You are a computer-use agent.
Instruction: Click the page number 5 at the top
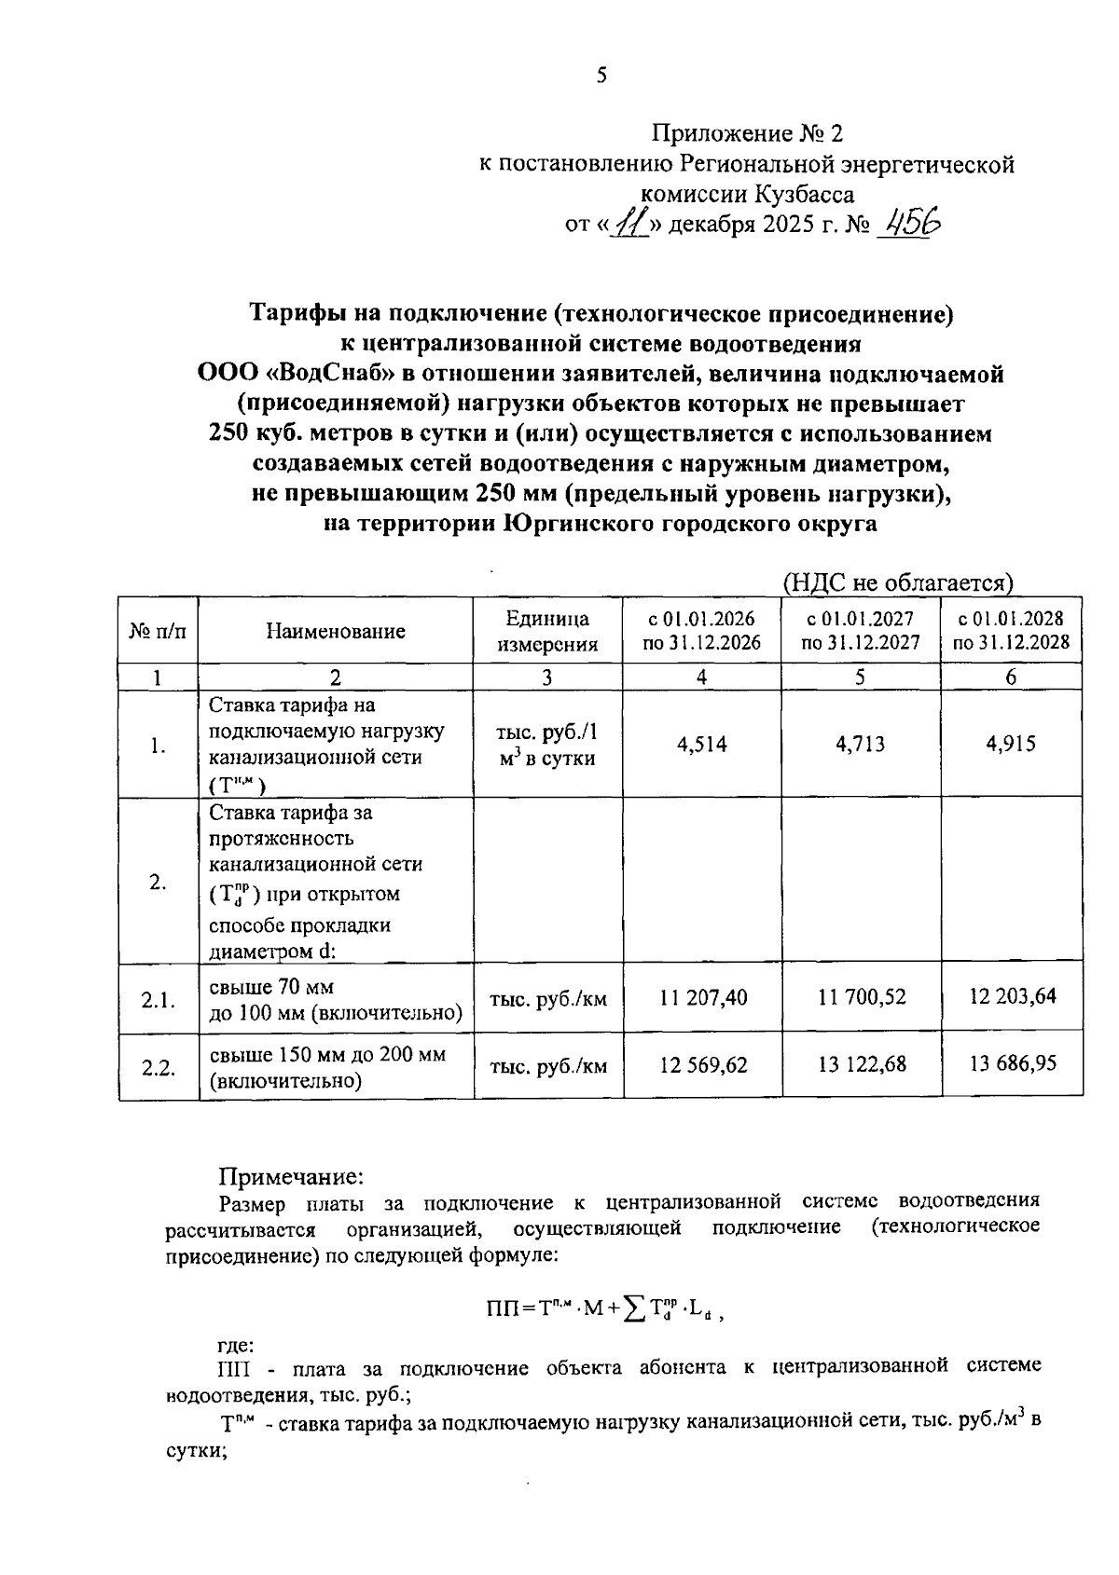601,75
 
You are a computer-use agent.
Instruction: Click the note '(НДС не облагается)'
897,583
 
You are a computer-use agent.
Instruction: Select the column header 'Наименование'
335,631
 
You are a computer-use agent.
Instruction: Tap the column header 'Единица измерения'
546,631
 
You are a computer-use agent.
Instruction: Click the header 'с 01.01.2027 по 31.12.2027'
860,631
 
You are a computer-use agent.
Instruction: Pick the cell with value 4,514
702,744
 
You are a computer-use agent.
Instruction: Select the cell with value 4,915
1011,744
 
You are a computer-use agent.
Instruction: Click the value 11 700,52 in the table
862,997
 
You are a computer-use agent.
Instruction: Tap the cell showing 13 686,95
1013,1063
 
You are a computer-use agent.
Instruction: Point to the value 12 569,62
704,1064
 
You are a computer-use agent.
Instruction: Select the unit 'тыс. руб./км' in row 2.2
548,1065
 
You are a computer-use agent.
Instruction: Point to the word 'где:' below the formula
235,1345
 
